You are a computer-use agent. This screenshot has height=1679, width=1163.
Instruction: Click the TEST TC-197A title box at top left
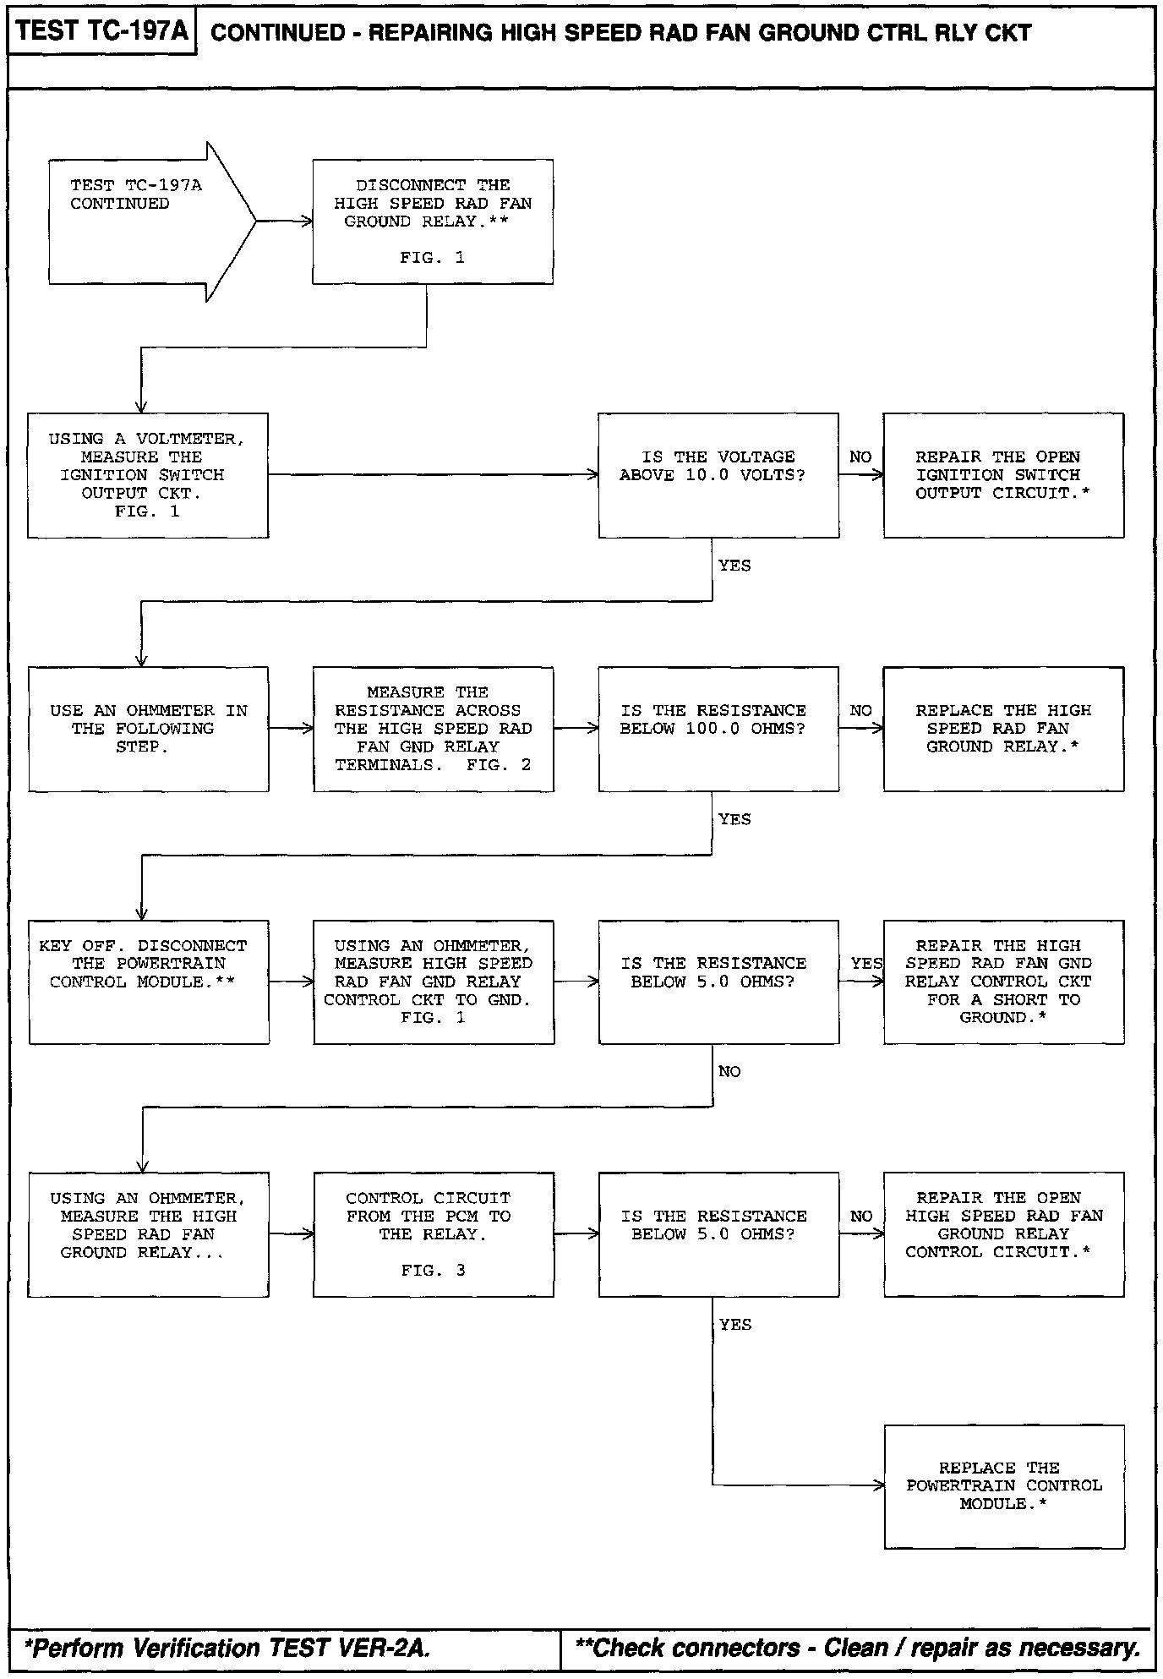coord(101,33)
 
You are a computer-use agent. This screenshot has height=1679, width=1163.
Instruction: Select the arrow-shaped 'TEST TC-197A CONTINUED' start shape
coord(144,221)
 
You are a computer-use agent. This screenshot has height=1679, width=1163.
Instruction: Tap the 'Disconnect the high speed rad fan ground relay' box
coord(433,221)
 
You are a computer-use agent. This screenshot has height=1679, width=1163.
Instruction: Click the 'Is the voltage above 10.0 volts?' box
coord(718,475)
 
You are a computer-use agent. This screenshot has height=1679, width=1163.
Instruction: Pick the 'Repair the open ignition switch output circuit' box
coord(1003,475)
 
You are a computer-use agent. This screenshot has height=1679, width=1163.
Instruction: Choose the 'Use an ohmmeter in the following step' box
coord(149,729)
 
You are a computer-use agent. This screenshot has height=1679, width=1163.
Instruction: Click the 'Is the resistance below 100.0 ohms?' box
coord(718,729)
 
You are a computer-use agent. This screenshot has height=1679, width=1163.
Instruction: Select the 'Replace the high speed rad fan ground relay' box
coord(1003,729)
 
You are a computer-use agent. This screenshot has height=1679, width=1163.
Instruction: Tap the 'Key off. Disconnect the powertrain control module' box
coord(149,982)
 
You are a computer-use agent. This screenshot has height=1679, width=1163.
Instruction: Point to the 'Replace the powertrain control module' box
coord(1004,1486)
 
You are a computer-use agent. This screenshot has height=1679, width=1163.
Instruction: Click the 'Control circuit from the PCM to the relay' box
coord(434,1234)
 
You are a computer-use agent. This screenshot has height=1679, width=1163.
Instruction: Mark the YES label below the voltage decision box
coord(734,566)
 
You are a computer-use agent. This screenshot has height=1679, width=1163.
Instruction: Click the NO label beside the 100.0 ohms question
coord(860,711)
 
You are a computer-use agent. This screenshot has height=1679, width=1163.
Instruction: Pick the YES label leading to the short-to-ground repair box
coord(866,964)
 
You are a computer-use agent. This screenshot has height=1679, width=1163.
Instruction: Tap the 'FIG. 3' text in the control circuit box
coord(433,1270)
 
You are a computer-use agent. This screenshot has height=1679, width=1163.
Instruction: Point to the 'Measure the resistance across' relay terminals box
coord(434,729)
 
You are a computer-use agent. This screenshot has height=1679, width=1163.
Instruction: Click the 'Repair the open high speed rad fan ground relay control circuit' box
coord(1003,1234)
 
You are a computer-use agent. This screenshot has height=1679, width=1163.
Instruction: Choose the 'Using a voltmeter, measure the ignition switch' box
coord(148,475)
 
